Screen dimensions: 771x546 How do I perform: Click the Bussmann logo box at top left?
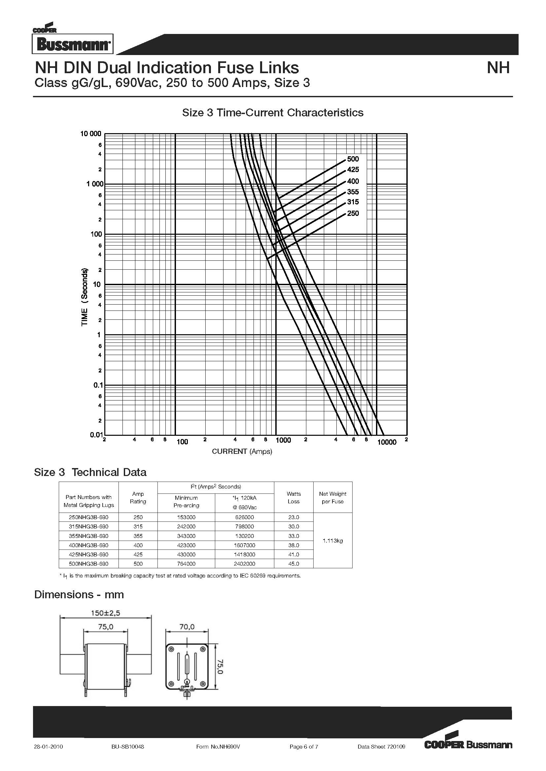click(73, 44)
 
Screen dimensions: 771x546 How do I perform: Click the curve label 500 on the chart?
click(353, 159)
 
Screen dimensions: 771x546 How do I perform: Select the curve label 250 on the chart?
click(353, 213)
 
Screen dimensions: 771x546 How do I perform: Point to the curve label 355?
click(353, 192)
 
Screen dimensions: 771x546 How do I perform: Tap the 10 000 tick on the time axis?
click(90, 133)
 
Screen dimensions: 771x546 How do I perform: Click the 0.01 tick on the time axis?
click(96, 435)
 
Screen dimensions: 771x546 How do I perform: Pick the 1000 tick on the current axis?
click(283, 441)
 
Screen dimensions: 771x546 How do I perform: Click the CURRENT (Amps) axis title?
click(242, 451)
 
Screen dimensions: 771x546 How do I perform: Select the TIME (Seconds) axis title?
click(85, 297)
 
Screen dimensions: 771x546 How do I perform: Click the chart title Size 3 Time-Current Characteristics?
click(273, 112)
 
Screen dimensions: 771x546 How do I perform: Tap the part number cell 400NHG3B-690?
click(88, 545)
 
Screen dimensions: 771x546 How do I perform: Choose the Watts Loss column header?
click(293, 497)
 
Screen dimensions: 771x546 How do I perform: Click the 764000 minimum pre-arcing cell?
click(186, 564)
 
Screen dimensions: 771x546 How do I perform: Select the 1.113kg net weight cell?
click(332, 541)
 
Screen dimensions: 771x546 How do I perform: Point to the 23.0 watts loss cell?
click(293, 518)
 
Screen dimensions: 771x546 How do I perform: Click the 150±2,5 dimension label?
click(106, 613)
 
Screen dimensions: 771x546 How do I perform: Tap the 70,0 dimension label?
click(187, 627)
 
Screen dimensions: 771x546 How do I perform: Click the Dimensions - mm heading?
click(79, 595)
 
